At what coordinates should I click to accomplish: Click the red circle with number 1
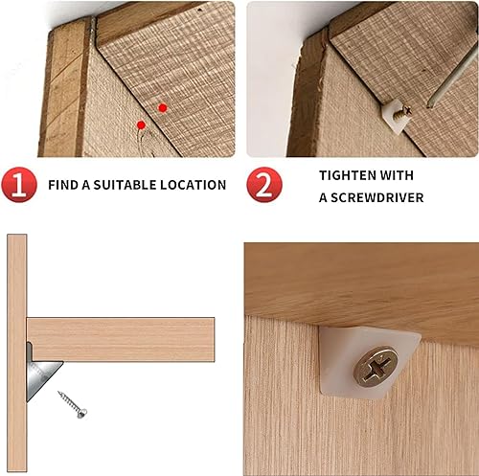[19, 185]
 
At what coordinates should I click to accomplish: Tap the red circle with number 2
[264, 185]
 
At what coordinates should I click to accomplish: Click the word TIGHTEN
[348, 175]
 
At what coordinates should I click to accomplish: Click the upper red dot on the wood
[163, 108]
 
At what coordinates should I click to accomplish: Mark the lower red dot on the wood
[141, 125]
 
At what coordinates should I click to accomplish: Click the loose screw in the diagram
[73, 404]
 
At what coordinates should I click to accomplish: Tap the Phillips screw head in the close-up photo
[376, 367]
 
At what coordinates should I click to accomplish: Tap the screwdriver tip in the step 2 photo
[428, 105]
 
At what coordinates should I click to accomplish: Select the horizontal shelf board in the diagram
[121, 339]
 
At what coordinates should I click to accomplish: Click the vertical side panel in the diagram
[16, 353]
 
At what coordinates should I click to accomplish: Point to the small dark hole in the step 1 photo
[200, 10]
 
